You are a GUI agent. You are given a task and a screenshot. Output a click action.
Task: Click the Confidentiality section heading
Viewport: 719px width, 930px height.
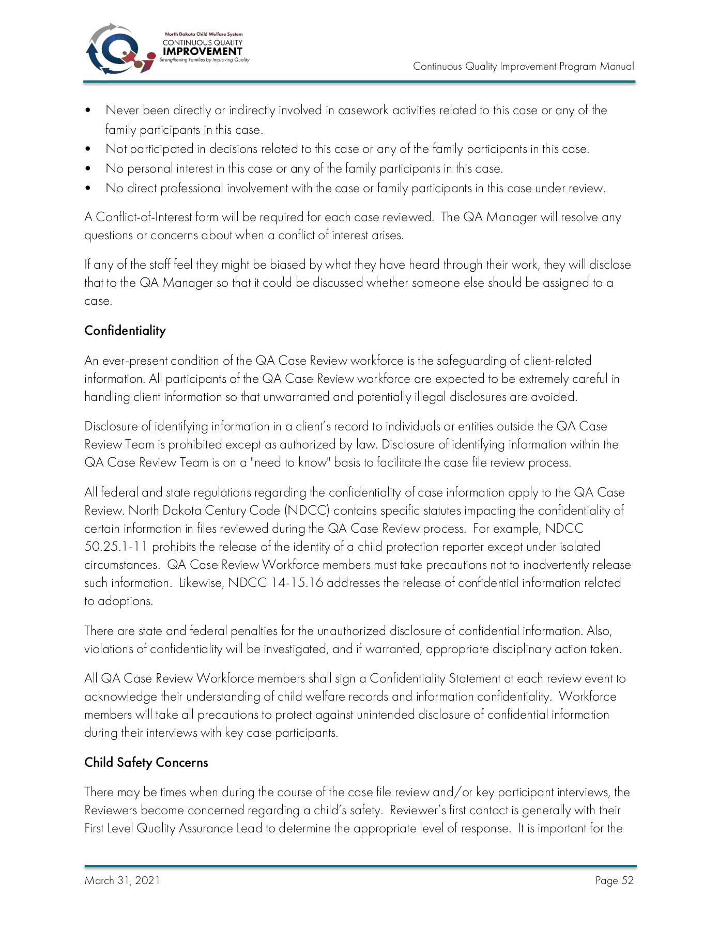pos(125,331)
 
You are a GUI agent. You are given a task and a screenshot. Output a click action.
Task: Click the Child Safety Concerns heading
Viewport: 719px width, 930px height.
pos(146,763)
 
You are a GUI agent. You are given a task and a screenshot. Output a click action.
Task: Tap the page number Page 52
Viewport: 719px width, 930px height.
pos(614,880)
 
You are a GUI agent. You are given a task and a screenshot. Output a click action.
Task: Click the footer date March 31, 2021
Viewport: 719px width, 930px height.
pos(123,880)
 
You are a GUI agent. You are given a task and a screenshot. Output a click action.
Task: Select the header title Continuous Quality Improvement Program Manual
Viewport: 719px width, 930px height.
pos(523,66)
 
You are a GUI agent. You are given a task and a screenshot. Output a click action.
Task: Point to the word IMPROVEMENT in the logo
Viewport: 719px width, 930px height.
pos(202,51)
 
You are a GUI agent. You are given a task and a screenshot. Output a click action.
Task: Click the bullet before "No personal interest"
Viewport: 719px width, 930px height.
pos(89,169)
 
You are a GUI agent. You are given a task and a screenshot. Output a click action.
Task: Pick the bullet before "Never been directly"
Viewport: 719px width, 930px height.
pos(89,111)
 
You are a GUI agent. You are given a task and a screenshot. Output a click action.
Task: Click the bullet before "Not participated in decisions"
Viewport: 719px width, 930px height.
pos(89,149)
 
